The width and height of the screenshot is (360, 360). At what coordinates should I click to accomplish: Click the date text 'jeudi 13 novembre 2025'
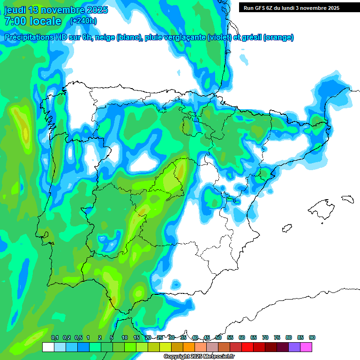(56, 10)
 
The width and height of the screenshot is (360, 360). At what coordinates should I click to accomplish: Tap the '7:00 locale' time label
(33, 21)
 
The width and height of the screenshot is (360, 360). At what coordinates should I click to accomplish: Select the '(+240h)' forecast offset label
(83, 21)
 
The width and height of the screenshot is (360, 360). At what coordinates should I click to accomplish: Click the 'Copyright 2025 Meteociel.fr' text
(199, 357)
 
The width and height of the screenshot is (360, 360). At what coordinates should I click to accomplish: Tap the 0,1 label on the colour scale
(54, 338)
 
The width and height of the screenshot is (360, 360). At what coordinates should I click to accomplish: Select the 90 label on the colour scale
(312, 338)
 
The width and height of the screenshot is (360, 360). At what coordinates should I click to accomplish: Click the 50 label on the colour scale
(218, 338)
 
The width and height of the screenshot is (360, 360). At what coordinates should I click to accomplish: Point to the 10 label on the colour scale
(125, 338)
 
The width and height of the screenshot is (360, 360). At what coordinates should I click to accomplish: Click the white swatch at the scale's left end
(48, 347)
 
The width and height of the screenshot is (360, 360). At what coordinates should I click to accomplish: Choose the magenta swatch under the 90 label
(306, 347)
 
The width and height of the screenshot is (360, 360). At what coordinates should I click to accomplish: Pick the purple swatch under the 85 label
(294, 347)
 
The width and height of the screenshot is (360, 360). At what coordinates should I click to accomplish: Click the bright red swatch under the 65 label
(247, 347)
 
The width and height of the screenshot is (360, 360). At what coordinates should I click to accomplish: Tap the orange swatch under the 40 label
(189, 347)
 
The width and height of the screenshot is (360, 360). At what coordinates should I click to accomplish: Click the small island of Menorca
(347, 199)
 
